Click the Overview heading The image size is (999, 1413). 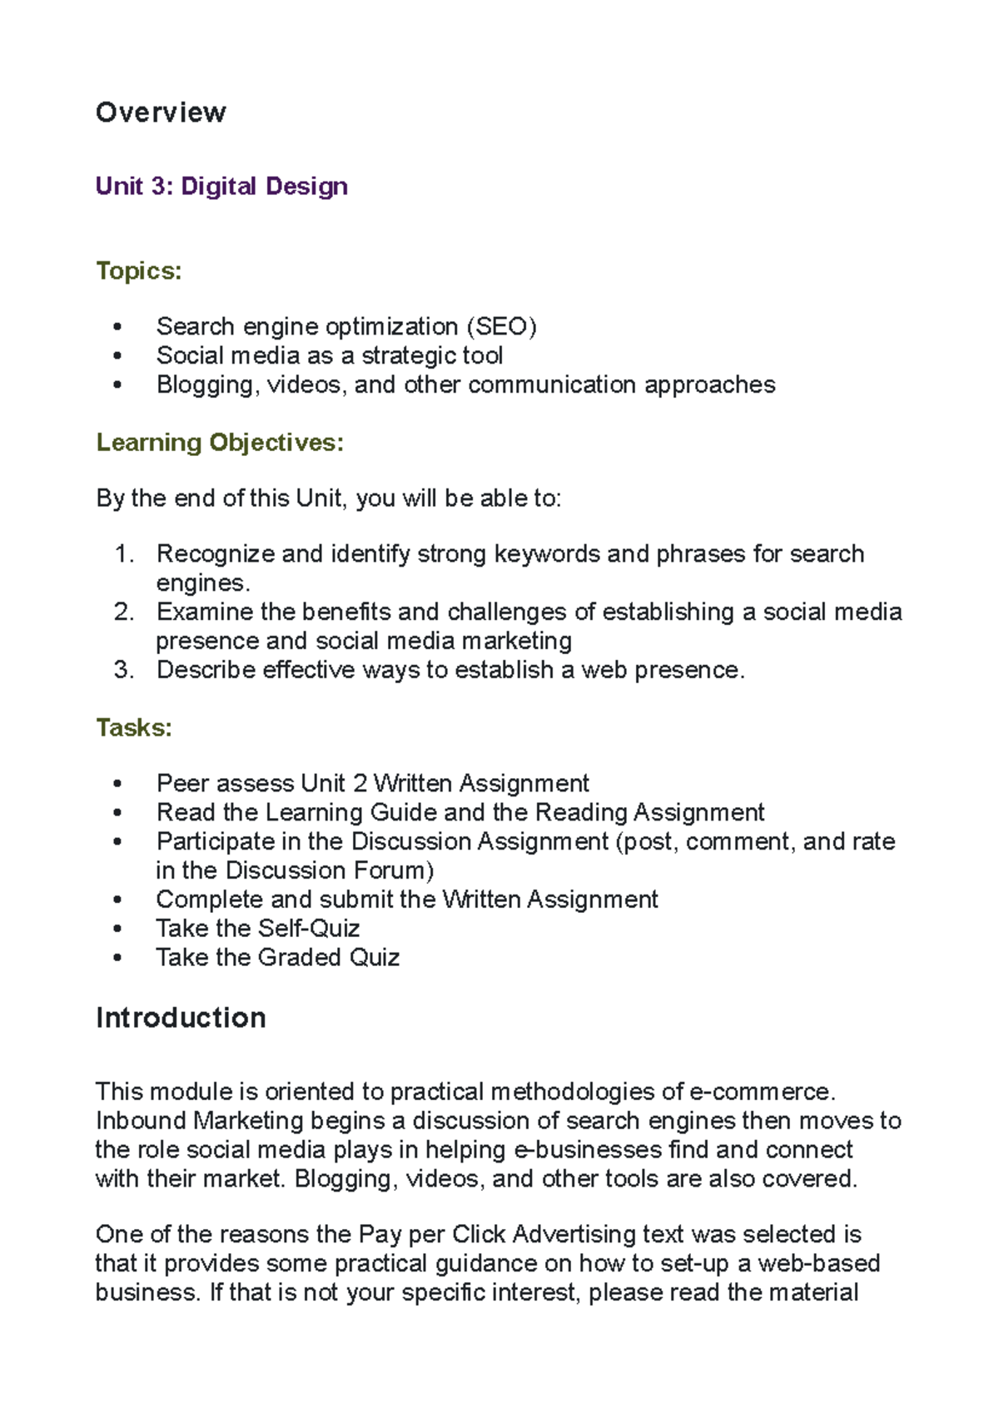pos(161,112)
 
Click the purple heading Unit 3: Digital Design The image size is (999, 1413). pos(221,186)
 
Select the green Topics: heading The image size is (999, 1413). pos(138,270)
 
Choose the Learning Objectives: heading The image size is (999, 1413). pos(220,442)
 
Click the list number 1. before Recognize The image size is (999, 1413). pos(124,554)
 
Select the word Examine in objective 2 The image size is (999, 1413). pos(204,612)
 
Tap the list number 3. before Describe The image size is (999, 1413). pos(124,670)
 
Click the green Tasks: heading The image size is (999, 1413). pos(134,727)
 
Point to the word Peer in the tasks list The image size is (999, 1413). pos(182,783)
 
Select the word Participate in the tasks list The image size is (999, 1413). pos(216,841)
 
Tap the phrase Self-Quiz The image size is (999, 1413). pos(310,929)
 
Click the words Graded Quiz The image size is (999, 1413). pos(329,958)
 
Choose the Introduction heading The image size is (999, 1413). pos(181,1018)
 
